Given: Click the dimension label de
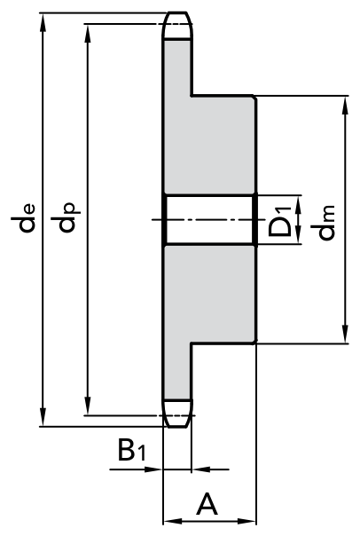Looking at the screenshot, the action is (x=23, y=218).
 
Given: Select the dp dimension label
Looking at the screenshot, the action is (x=66, y=218).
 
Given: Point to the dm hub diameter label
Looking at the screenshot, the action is (x=323, y=223).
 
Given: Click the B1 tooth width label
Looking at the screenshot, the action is (x=132, y=450).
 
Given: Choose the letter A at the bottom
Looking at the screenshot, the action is (x=207, y=503).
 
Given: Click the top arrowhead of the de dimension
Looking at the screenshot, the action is (x=43, y=22).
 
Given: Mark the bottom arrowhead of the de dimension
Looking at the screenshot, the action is (x=43, y=417).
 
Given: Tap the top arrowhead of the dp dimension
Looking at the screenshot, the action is (x=88, y=34).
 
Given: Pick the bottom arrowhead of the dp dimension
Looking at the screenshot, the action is (x=88, y=406).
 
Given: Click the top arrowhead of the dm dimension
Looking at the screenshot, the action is (x=345, y=106).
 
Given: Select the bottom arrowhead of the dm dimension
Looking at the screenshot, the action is (x=345, y=334).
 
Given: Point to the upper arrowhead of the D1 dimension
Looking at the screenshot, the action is (x=298, y=203).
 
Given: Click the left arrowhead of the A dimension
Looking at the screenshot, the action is (x=173, y=521).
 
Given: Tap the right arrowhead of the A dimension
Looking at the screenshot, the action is (x=247, y=521).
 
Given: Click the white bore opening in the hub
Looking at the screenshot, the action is (x=210, y=220).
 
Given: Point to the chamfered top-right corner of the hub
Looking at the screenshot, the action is (x=254, y=98).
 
